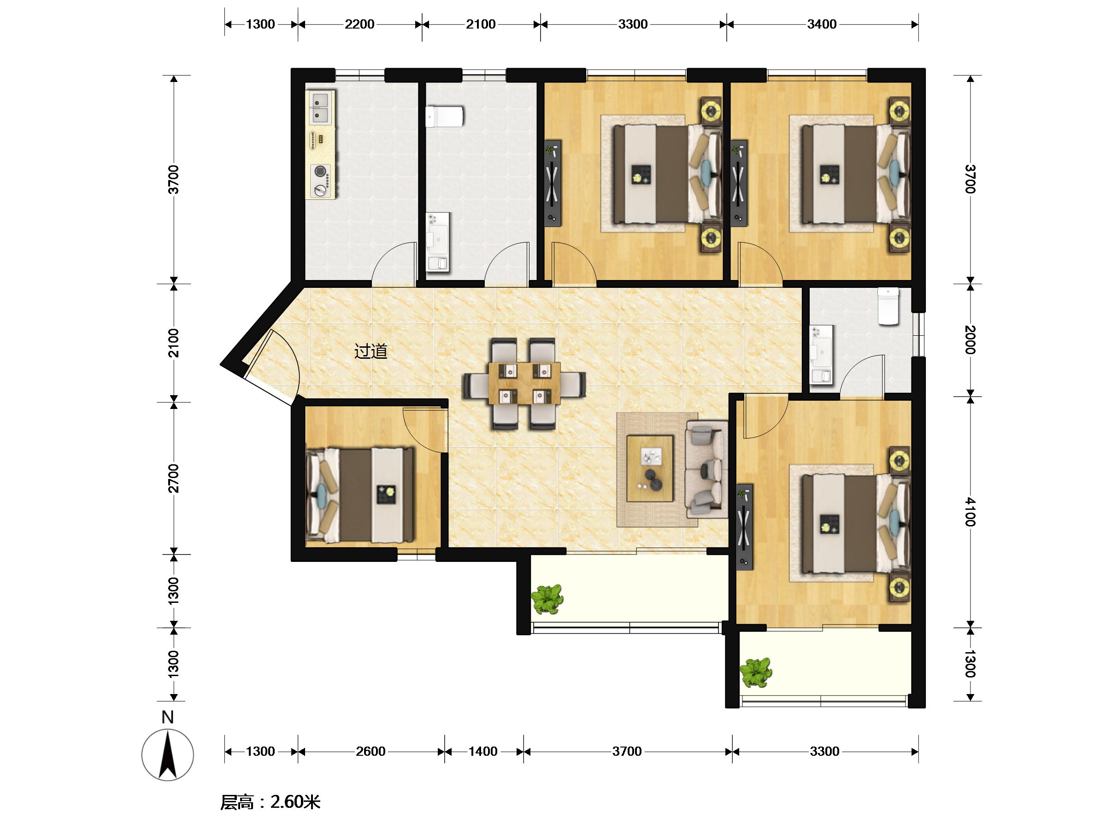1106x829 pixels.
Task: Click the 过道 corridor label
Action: [371, 352]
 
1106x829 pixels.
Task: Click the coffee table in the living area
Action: [650, 468]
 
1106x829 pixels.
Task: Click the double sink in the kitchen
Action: [320, 107]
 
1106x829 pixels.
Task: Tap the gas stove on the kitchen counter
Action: [320, 180]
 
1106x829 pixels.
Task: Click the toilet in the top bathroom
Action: [445, 117]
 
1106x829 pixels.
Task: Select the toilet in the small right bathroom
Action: [888, 306]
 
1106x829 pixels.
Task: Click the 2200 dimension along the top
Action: [359, 24]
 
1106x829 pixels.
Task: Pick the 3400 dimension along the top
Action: [822, 24]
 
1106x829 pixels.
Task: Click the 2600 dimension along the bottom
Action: [371, 752]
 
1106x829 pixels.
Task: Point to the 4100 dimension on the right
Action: [970, 512]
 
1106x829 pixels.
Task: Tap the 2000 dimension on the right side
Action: [970, 340]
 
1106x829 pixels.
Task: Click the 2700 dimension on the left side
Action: [173, 478]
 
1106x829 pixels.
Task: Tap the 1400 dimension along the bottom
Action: [483, 752]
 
